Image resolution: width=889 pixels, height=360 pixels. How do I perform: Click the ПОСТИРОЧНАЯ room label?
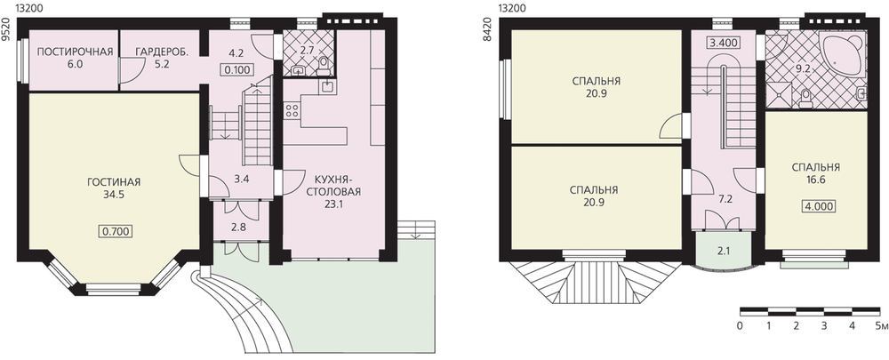[75, 52]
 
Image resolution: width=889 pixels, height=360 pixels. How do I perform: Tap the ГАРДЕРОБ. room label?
[162, 52]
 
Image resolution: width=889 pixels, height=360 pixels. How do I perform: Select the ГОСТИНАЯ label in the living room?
[114, 182]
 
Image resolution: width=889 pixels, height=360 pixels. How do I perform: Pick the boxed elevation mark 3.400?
[722, 43]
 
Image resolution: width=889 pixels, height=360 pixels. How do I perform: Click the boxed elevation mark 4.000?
[818, 207]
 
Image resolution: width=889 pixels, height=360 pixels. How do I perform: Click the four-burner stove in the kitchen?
[292, 110]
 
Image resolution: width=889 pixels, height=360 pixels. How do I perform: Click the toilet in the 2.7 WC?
[324, 67]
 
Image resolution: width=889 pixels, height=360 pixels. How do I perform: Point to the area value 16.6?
[816, 180]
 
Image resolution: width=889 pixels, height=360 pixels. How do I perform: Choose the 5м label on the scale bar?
[880, 326]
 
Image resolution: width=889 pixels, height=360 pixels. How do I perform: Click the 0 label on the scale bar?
[741, 326]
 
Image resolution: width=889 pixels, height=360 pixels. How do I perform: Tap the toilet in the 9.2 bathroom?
[805, 98]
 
